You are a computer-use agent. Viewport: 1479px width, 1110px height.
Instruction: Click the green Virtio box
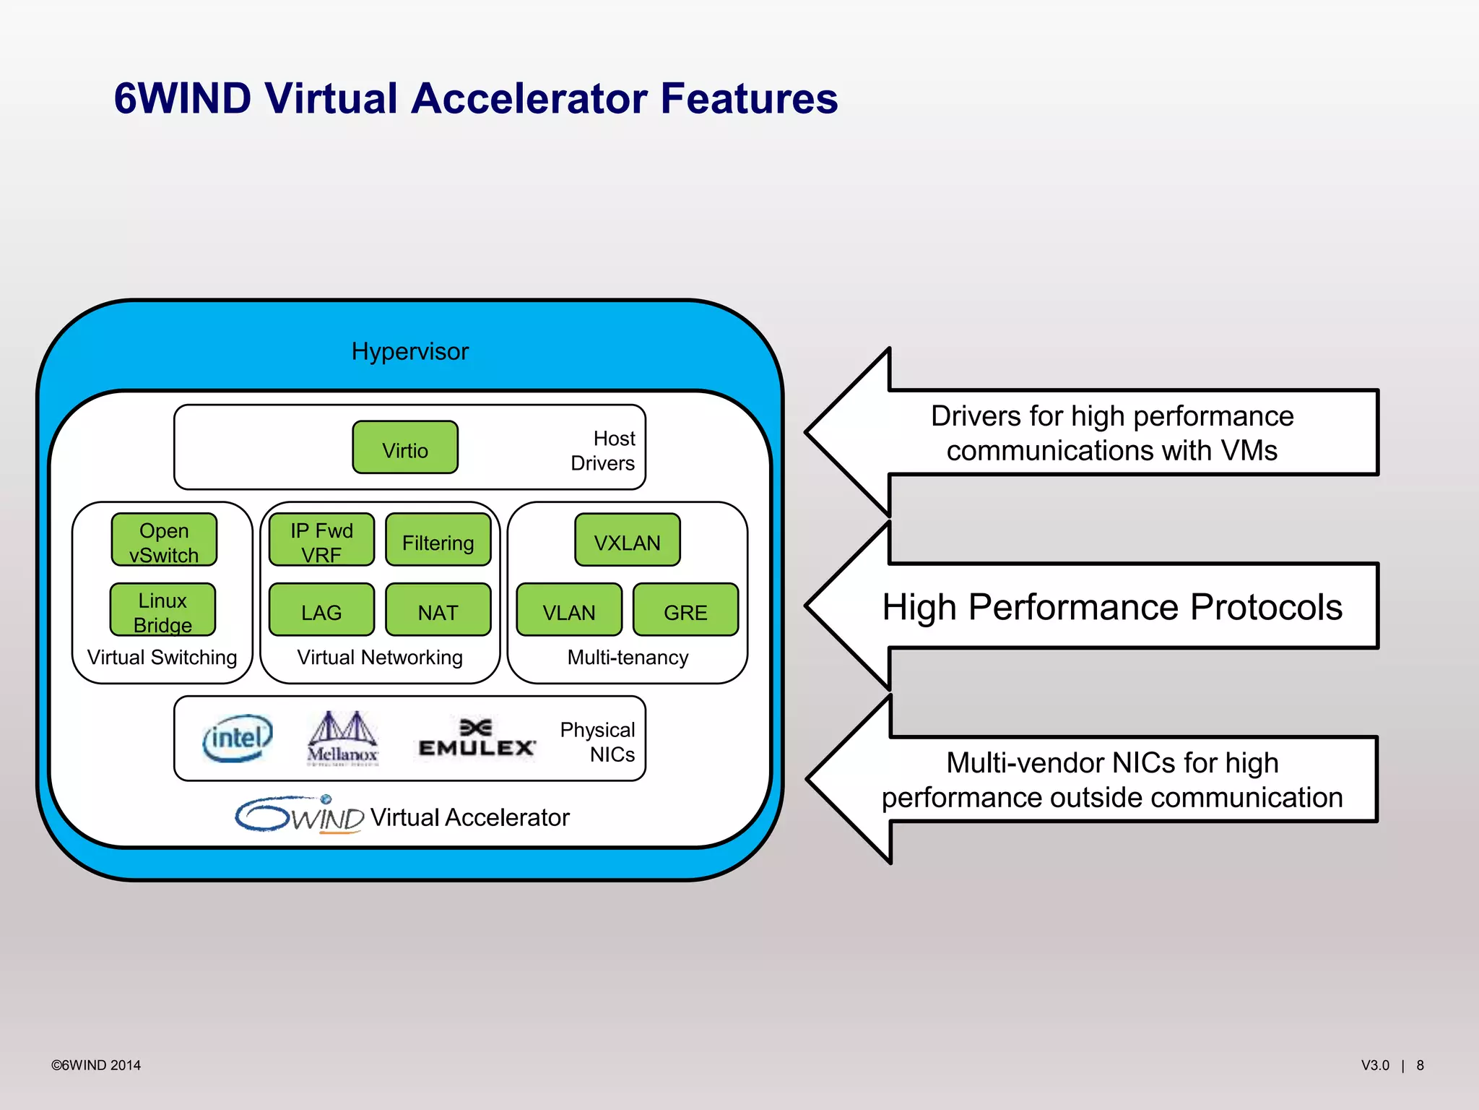(405, 447)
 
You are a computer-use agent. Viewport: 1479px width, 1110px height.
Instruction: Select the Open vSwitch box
(164, 540)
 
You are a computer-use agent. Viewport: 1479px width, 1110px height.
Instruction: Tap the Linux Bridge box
(162, 610)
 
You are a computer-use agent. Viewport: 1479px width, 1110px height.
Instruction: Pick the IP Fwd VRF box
(321, 540)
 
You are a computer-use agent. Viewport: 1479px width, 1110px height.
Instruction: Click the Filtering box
(438, 540)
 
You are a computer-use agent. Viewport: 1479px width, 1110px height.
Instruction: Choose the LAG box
(321, 610)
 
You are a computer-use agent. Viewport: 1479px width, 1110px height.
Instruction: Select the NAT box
(438, 610)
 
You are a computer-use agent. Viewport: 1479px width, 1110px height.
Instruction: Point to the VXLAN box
(627, 540)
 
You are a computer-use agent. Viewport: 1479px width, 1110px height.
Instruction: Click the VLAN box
(569, 610)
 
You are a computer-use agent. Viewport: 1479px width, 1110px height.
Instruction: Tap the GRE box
(685, 610)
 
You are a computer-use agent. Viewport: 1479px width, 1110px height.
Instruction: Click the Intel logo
(238, 739)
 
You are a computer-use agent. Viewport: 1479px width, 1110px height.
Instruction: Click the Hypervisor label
(409, 351)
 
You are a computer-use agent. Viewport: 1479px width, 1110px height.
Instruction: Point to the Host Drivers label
(604, 450)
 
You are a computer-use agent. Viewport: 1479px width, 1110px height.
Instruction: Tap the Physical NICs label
(598, 741)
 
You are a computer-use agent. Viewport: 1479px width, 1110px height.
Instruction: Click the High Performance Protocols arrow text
(1111, 607)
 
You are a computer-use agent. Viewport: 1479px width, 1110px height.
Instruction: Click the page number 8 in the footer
(1420, 1065)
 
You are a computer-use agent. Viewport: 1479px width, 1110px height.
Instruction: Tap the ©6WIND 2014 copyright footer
(96, 1065)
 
